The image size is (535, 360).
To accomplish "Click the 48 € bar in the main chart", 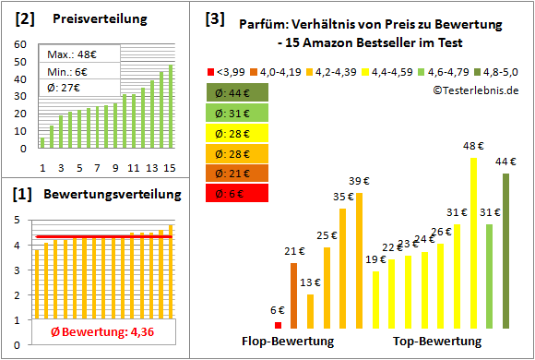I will coord(473,243).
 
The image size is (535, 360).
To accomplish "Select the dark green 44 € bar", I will coord(506,250).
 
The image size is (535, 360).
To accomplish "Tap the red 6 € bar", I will coord(278,325).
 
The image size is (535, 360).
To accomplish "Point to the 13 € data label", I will coord(310,282).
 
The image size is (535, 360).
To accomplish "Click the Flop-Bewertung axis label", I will coord(288,342).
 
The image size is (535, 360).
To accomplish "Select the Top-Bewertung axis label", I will coord(437,342).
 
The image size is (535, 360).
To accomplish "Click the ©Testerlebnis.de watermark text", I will coord(474,90).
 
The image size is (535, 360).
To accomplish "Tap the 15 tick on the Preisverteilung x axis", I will coord(170,167).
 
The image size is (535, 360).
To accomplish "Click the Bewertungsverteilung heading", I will coord(106,197).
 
